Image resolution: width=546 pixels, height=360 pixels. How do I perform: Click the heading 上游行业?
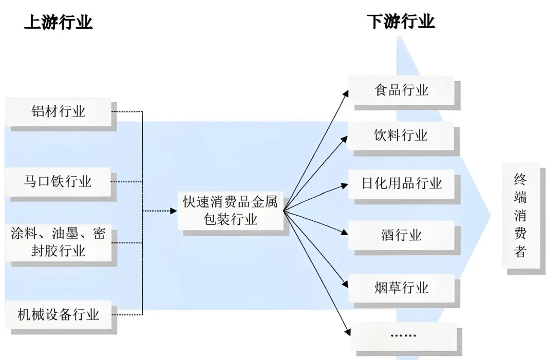(x=58, y=22)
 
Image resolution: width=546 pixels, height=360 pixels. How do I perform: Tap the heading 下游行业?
(x=401, y=22)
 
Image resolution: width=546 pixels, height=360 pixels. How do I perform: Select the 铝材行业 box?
(x=58, y=111)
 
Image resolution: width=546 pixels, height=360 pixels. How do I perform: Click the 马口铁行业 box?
(x=58, y=181)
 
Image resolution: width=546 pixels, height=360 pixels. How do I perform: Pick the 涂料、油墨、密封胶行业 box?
(x=58, y=242)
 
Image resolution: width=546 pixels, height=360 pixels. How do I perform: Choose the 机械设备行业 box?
(x=58, y=314)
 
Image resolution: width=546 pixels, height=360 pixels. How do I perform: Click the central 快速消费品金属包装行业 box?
(x=230, y=210)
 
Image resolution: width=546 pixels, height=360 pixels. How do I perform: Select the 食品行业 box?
(x=401, y=90)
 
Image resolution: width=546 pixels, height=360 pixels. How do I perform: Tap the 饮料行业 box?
(x=401, y=136)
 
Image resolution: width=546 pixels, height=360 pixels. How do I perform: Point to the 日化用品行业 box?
(x=401, y=183)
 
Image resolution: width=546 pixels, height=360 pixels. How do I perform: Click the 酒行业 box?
(x=401, y=235)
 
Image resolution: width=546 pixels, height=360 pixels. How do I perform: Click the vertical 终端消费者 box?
(x=520, y=215)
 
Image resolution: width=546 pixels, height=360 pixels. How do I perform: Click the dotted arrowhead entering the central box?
(x=174, y=210)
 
